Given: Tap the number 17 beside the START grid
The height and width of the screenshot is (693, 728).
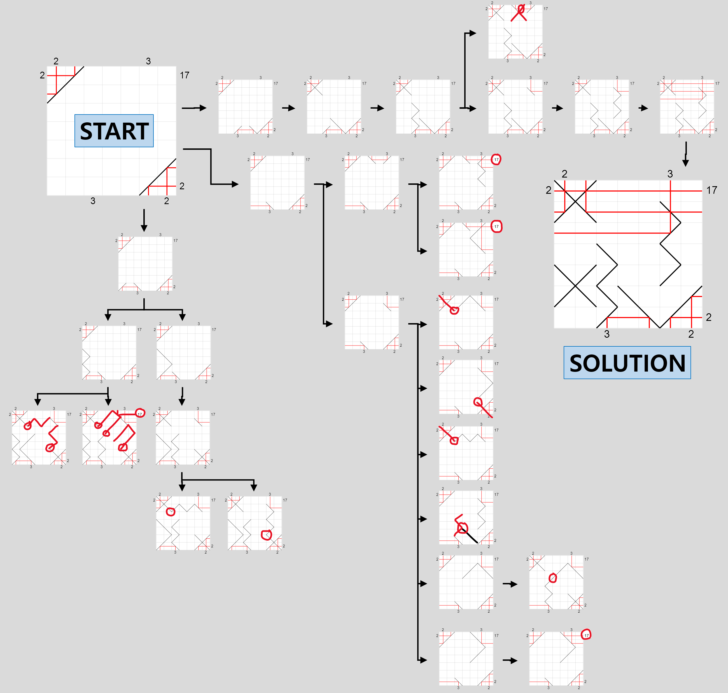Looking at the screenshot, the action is coord(185,75).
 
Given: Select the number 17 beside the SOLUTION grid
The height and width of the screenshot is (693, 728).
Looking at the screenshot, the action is coord(712,190).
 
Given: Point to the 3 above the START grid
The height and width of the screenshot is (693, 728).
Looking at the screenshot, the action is coord(148,61).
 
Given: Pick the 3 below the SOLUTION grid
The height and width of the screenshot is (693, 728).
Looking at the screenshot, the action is coord(607,334).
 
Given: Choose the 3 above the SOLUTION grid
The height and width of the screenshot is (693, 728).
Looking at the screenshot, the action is coord(670,174).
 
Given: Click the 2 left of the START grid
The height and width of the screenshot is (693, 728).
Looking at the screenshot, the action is coord(42,75).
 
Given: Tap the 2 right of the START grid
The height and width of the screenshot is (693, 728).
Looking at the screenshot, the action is coord(182,186).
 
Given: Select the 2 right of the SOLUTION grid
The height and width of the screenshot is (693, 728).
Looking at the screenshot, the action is coord(708,317).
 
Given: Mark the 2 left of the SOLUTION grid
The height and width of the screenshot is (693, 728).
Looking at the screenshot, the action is coord(549,190).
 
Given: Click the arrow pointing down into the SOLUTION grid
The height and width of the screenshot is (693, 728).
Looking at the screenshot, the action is coord(685,154).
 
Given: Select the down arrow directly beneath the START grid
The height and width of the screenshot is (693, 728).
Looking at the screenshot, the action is coord(144,221).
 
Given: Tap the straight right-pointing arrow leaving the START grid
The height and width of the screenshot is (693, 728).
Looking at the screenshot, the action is coord(194,108).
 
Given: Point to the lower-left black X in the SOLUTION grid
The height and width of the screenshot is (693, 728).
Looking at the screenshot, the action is coord(575,286).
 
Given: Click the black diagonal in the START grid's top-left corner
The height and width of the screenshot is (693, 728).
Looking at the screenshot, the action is coord(65,85).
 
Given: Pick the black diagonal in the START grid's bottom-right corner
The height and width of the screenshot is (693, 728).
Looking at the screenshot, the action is coord(158,177).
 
